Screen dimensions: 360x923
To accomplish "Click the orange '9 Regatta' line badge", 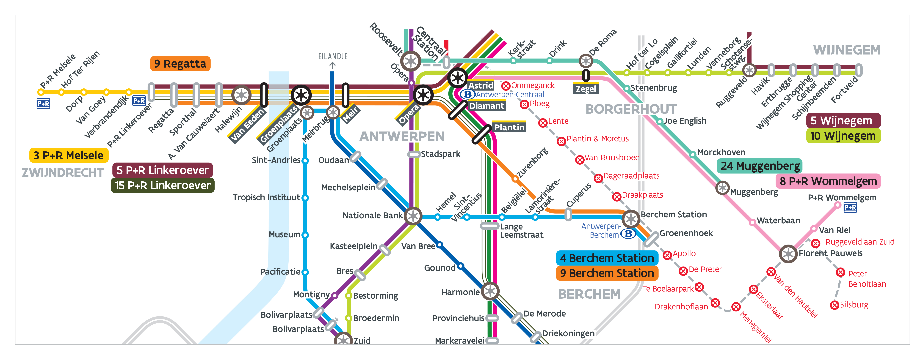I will point(180,64).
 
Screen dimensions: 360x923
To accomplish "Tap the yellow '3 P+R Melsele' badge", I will point(68,155).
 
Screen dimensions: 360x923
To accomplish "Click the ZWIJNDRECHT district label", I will point(63,173).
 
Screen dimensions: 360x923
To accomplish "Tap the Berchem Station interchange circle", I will point(631,218).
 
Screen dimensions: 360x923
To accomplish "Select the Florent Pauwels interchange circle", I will point(788,254).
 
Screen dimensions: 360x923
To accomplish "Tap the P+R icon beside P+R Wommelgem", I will point(850,207).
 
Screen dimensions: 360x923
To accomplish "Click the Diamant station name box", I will point(487,106).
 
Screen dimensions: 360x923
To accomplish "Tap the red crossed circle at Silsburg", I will point(835,305).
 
